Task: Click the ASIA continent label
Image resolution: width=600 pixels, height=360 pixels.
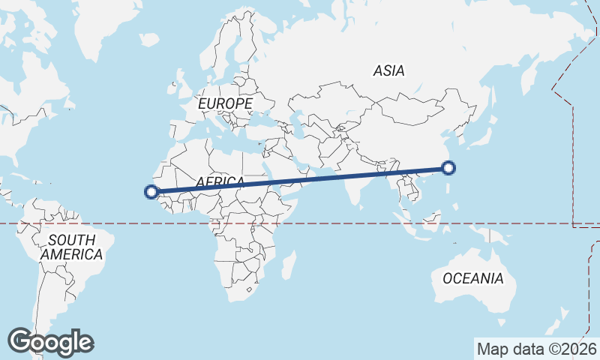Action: [388, 71]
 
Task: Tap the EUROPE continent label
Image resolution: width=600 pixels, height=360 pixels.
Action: [225, 103]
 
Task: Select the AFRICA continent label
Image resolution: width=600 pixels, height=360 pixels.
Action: [220, 182]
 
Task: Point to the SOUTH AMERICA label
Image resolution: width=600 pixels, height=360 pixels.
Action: [71, 247]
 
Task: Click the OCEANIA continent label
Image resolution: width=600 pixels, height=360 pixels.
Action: [472, 278]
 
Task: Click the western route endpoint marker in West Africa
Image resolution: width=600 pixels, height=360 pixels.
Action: [151, 192]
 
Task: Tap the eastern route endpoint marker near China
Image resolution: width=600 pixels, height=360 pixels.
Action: [448, 168]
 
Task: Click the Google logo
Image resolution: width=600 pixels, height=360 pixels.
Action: [50, 342]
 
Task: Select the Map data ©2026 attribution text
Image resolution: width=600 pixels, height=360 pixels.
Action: [536, 349]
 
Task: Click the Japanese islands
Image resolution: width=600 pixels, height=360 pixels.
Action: [480, 139]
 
